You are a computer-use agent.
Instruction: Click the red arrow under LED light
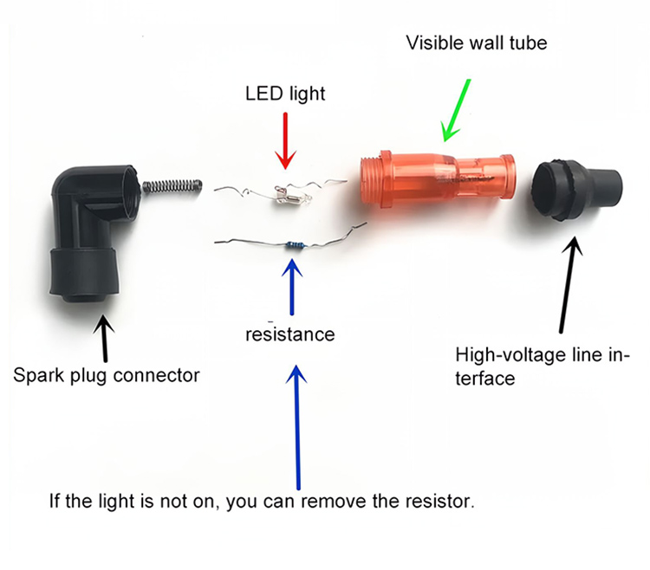pos(285,141)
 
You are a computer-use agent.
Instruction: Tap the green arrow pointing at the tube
pos(456,110)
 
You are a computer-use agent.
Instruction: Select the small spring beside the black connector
pos(172,186)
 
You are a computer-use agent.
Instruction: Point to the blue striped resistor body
pos(296,246)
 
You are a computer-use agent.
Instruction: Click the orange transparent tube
pos(438,179)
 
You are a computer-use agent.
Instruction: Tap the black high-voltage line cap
pos(576,190)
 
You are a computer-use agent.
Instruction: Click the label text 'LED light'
pos(285,94)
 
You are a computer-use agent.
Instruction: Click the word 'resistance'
pos(289,334)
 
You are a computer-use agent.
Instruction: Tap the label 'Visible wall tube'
pos(477,42)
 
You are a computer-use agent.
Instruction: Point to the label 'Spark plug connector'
pos(107,375)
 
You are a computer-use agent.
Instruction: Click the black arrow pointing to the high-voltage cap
pos(569,284)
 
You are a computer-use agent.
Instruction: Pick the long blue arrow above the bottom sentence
pos(297,427)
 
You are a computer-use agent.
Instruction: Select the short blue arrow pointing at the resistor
pos(293,287)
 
